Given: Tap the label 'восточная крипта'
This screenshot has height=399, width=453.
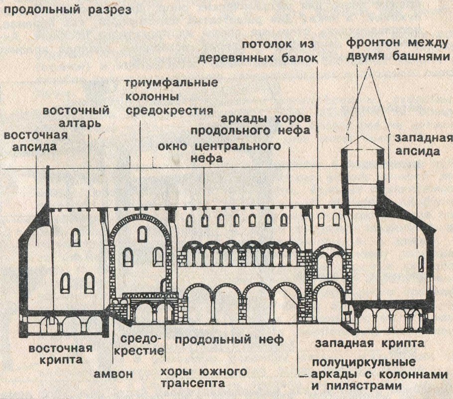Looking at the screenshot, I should point(60,353).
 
